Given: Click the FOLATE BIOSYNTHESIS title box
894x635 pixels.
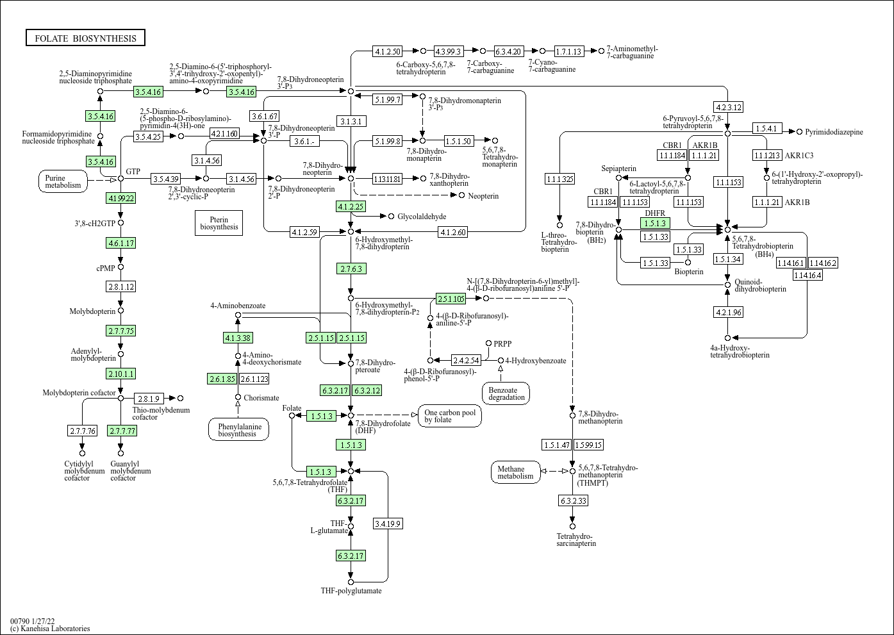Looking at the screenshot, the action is (x=85, y=38).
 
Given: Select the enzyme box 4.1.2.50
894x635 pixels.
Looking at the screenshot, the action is (x=388, y=51).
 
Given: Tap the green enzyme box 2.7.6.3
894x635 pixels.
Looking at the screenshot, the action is (x=351, y=268).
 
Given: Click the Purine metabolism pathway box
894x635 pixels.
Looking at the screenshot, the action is (x=63, y=181).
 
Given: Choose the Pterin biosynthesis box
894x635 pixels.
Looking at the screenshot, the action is (x=219, y=223).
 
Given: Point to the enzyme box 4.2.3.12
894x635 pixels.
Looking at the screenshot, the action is (x=729, y=107).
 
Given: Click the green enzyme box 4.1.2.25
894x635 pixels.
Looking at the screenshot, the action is (x=351, y=206).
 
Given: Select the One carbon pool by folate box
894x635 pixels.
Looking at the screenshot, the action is (x=450, y=416).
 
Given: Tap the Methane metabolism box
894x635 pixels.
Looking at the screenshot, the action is (x=516, y=472).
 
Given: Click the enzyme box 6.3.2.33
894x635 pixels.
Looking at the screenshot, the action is (x=574, y=500).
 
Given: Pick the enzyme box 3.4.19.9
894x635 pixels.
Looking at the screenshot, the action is (x=388, y=524).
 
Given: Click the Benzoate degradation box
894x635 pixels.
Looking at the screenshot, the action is (x=506, y=393).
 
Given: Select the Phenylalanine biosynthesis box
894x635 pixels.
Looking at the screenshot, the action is (x=238, y=430).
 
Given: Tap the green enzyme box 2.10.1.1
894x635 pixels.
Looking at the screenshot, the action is (x=121, y=374).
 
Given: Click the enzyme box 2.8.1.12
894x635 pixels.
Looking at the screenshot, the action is (x=121, y=286).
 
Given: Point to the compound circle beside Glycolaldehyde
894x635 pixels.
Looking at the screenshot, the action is (x=391, y=217).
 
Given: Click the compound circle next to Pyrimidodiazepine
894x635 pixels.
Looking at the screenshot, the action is (x=799, y=132).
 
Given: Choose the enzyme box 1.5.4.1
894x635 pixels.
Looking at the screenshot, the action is (x=768, y=129).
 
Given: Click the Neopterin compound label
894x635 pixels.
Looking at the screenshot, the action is (x=483, y=196).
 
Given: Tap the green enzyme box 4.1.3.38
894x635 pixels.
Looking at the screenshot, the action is (x=238, y=338).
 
